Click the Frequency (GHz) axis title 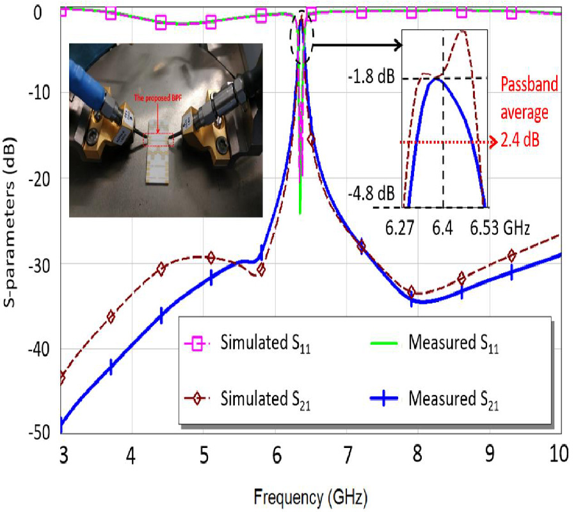point(310,495)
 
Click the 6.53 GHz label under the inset point(500,227)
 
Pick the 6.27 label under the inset point(402,227)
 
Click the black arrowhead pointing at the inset point(398,45)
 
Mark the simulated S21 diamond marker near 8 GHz point(412,292)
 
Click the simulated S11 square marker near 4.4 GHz point(161,23)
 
